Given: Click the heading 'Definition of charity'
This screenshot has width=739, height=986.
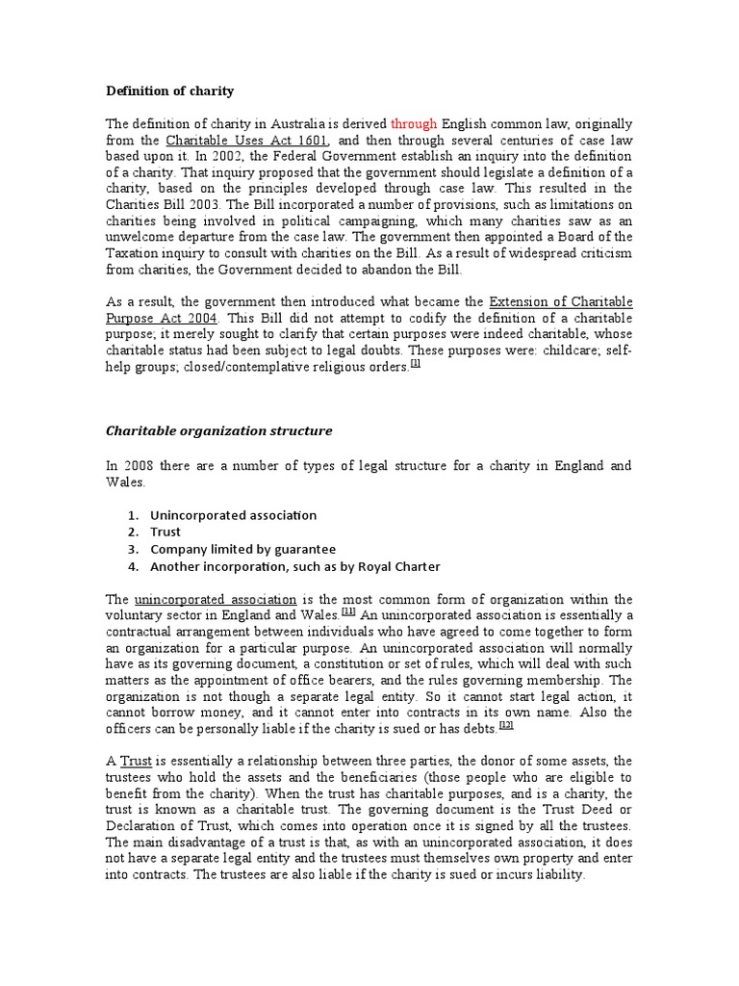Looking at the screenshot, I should click(169, 91).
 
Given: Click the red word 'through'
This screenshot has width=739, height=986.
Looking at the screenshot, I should click(414, 124).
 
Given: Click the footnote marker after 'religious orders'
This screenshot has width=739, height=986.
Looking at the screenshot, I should click(415, 364).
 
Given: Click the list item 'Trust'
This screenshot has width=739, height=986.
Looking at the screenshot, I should click(166, 532).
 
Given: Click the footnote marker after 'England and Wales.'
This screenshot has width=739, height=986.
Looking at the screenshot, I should click(348, 610).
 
